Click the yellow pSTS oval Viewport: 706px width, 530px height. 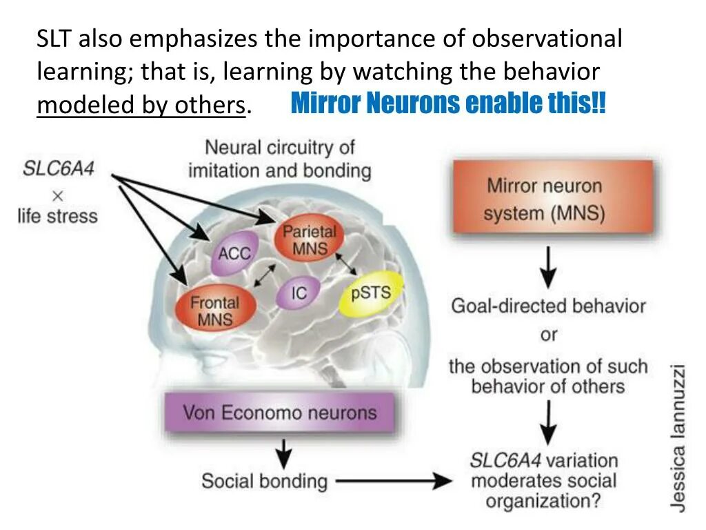(371, 294)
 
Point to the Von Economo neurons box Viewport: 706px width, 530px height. (280, 413)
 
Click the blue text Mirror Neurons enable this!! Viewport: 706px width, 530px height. (449, 104)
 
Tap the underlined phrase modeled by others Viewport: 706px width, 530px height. (141, 106)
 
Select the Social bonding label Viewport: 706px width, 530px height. (264, 480)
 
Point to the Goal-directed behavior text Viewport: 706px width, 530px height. (548, 305)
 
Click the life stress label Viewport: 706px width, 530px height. (58, 215)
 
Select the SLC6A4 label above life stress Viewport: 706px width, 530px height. (59, 169)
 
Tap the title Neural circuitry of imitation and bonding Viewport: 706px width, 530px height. (279, 158)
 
